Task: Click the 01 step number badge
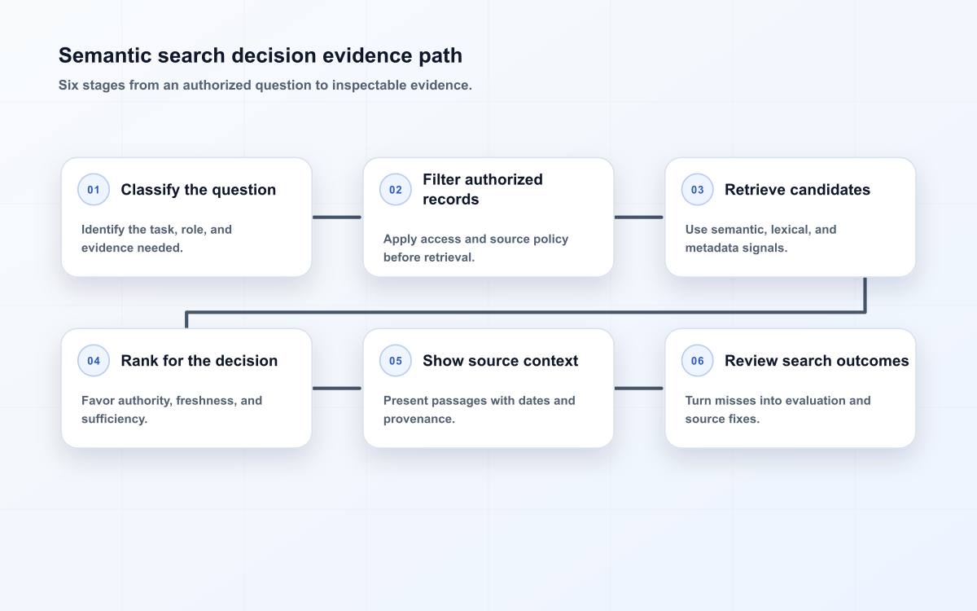(94, 189)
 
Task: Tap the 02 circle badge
(395, 189)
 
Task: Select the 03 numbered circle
(697, 189)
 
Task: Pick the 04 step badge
(94, 360)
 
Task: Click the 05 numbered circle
(395, 360)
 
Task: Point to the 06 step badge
(697, 360)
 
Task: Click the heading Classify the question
(199, 190)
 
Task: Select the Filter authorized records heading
(483, 189)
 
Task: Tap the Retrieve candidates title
(797, 190)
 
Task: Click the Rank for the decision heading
(199, 361)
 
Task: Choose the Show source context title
(500, 361)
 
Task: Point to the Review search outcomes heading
(817, 361)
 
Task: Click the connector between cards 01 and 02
(337, 217)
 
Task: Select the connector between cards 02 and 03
(638, 217)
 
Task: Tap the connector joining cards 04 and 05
(337, 388)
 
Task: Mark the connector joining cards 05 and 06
(638, 388)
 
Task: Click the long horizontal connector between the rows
(526, 312)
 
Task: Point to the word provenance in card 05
(419, 419)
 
